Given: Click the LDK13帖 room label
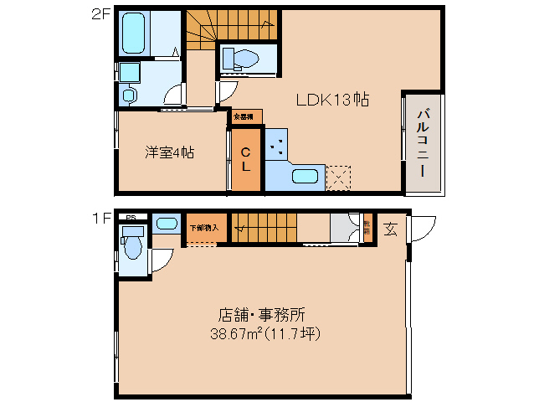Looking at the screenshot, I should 332,100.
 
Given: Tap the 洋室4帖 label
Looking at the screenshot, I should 170,152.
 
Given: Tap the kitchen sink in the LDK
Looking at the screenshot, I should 306,176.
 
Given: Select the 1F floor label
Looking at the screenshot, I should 101,219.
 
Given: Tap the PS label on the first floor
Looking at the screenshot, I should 130,217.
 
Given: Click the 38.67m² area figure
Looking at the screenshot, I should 234,333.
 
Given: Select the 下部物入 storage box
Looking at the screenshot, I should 203,228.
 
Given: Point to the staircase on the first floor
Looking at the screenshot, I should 264,228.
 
